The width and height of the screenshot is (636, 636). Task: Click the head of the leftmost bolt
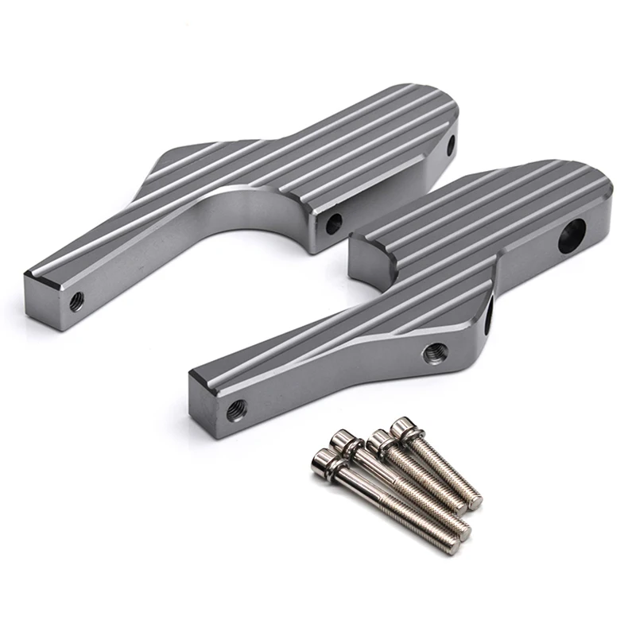pos(321,459)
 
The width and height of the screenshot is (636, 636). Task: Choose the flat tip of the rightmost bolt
pos(475,502)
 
